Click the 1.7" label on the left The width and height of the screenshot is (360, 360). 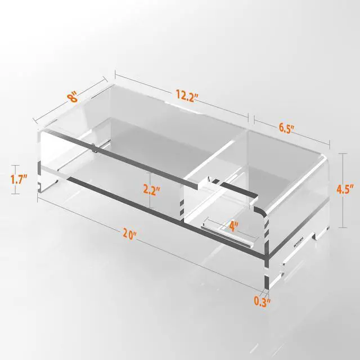click(20, 181)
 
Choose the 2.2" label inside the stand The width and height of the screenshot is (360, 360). click(152, 190)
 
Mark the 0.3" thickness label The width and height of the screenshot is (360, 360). click(262, 302)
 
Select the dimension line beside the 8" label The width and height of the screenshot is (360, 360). click(70, 101)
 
